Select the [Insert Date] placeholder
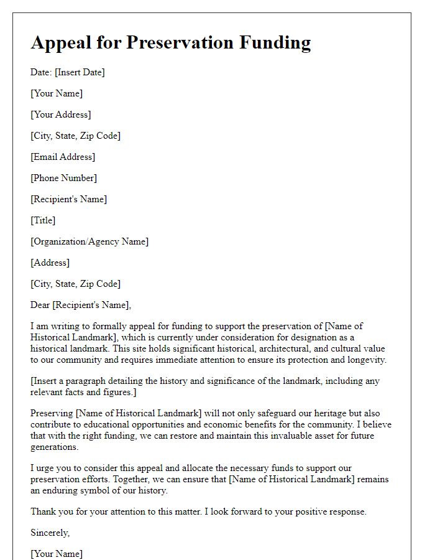pyautogui.click(x=80, y=72)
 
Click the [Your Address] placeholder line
pyautogui.click(x=61, y=114)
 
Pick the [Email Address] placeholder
pyautogui.click(x=63, y=157)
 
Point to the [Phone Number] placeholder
pyautogui.click(x=63, y=178)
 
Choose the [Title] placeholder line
pyautogui.click(x=43, y=220)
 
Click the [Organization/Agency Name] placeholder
pyautogui.click(x=89, y=241)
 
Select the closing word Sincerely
pyautogui.click(x=50, y=533)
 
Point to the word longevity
pyautogui.click(x=364, y=360)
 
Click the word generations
pyautogui.click(x=55, y=447)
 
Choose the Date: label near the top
pyautogui.click(x=41, y=72)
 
